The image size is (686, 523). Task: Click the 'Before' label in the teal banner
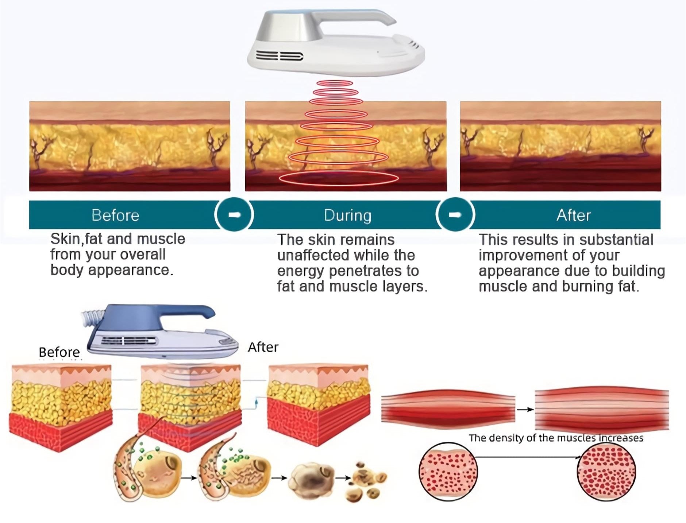(115, 215)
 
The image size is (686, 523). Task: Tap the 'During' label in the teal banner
(347, 215)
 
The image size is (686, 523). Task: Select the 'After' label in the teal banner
(573, 215)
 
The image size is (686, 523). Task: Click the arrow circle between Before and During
(234, 214)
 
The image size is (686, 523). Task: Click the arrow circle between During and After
(455, 214)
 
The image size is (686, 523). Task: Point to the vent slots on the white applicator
(280, 56)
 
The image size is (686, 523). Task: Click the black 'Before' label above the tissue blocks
(59, 352)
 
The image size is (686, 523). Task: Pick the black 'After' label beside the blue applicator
(263, 347)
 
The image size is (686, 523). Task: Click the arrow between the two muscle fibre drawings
(525, 410)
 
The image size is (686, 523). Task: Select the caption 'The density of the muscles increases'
(556, 438)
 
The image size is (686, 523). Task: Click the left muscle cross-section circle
(448, 472)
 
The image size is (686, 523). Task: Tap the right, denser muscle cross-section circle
(606, 472)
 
